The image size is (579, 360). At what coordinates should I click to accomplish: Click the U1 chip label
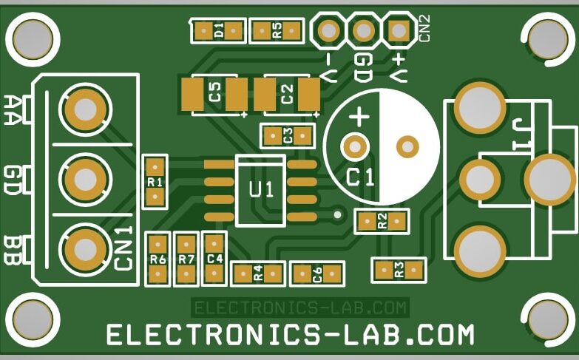260,189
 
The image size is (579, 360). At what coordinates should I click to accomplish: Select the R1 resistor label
155,182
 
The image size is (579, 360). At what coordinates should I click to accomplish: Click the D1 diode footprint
218,30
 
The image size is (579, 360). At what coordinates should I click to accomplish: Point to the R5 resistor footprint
277,30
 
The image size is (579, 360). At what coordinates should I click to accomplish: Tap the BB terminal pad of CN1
86,248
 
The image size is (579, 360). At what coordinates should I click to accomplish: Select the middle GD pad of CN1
86,179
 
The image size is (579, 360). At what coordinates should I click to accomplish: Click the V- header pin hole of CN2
328,30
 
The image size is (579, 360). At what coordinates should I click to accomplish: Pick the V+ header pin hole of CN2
399,30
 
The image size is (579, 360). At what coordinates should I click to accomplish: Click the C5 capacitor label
215,93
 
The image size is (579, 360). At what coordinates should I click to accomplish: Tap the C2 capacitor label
287,94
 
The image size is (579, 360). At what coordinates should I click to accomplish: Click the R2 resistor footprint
382,220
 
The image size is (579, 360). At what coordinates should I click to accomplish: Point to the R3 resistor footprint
399,270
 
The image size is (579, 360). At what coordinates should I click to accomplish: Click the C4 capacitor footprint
214,259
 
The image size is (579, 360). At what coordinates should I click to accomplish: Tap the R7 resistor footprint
186,259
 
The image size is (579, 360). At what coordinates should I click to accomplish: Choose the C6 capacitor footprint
317,274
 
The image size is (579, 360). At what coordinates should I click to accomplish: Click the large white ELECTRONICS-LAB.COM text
290,335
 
